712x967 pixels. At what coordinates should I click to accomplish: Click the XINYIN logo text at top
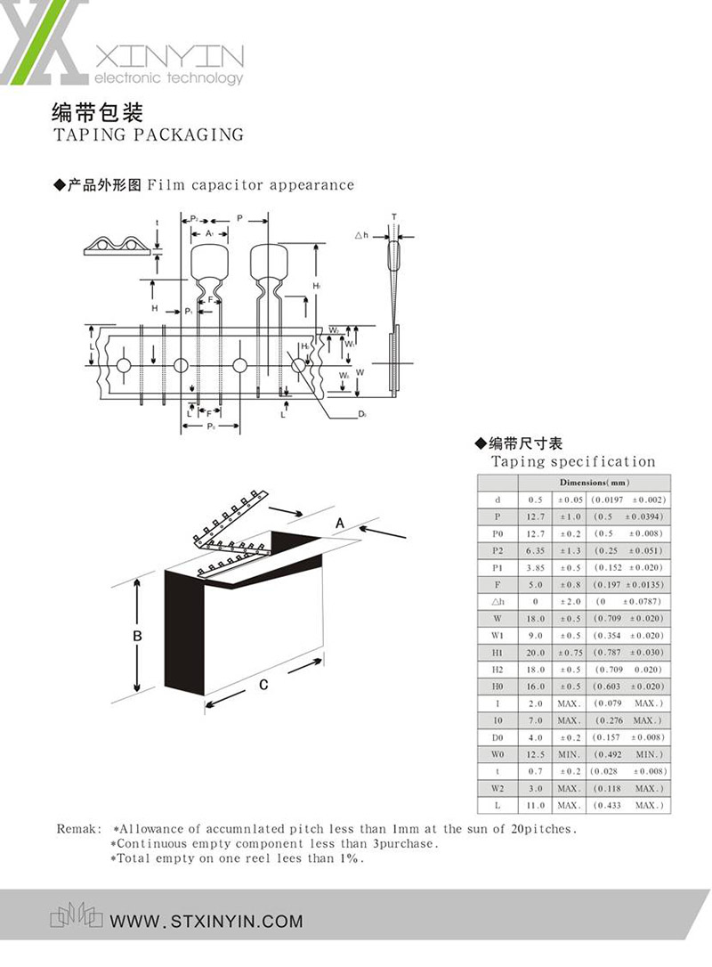point(168,58)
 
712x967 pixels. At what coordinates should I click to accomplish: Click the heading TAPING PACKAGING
point(148,135)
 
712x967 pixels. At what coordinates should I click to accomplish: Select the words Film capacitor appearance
point(250,185)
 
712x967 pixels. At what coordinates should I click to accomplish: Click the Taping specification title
point(573,461)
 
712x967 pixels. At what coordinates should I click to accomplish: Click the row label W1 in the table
point(498,636)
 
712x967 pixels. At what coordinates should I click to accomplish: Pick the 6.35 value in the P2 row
point(535,550)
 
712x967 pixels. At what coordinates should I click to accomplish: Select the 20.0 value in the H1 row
point(535,653)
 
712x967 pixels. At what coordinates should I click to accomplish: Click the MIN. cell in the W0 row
point(569,754)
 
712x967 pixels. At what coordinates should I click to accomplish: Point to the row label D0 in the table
point(498,737)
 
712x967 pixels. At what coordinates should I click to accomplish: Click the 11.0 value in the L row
point(535,805)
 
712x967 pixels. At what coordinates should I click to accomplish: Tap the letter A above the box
point(339,524)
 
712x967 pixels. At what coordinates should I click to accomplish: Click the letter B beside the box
point(137,636)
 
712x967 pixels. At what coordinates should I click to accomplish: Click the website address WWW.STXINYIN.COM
point(206,922)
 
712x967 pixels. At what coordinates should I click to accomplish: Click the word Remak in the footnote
point(76,828)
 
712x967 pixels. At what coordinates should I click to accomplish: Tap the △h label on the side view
point(360,235)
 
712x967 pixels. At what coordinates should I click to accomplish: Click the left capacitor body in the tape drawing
point(209,262)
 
